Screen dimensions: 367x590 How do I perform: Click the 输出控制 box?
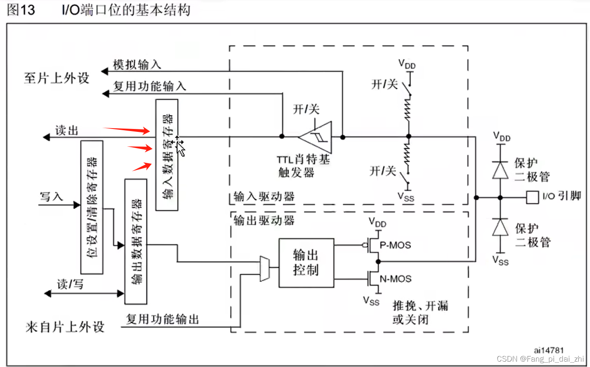[x=306, y=263]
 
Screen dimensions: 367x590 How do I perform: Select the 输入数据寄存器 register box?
[x=167, y=155]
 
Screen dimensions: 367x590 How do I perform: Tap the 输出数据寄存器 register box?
[x=136, y=241]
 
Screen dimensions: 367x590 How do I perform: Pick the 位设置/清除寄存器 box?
[x=92, y=207]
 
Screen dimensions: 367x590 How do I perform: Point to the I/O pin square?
[x=532, y=197]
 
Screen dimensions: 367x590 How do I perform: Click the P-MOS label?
[x=395, y=245]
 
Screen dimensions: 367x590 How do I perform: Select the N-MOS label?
[x=396, y=279]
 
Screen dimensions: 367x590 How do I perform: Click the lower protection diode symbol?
[x=500, y=227]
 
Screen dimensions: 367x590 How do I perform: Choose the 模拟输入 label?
[x=137, y=65]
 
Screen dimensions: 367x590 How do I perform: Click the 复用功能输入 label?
[x=150, y=86]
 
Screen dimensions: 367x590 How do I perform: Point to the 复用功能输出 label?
[x=163, y=319]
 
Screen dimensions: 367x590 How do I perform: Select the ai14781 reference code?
[x=549, y=350]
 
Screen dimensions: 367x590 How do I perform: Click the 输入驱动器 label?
[x=264, y=196]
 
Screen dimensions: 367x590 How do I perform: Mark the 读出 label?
[x=67, y=131]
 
